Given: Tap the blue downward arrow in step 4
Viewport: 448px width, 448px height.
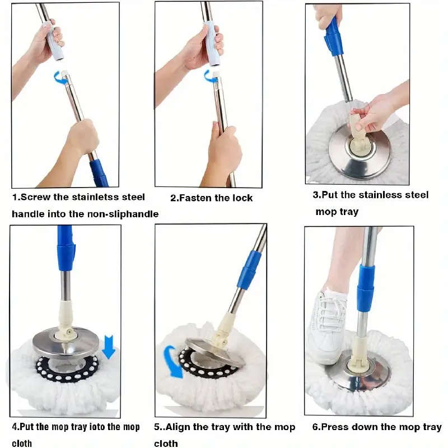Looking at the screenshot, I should coord(109,346).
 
